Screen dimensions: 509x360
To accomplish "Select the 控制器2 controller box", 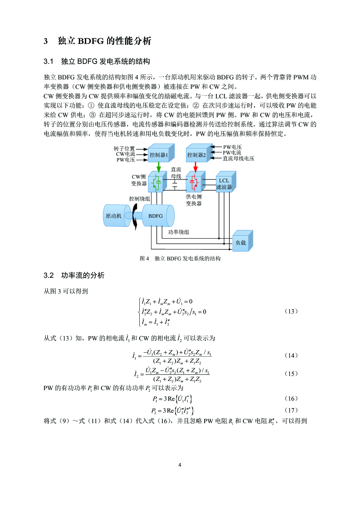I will point(196,155).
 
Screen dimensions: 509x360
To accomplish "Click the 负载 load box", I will point(241,243).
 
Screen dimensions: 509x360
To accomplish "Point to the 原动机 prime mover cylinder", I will point(114,216).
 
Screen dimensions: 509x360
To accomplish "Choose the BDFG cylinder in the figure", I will point(156,216).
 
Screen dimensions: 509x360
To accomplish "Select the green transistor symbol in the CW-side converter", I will point(156,183).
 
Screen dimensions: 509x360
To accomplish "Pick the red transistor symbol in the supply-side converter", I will point(194,183).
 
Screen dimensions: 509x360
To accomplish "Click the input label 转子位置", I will point(124,148).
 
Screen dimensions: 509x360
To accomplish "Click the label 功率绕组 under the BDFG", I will point(178,232).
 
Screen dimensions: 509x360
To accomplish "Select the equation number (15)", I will point(291,374).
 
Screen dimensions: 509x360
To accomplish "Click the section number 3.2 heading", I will point(48,276).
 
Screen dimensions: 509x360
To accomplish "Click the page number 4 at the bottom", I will point(180,465).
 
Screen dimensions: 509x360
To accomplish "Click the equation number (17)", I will point(291,410).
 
